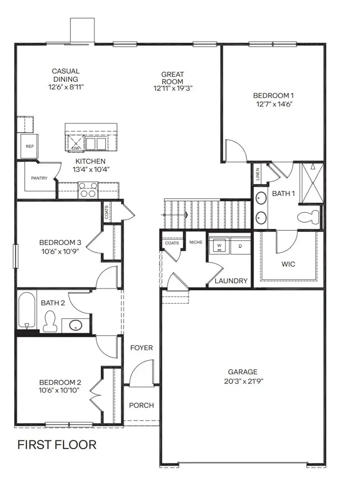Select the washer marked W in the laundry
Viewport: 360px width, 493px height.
[219, 246]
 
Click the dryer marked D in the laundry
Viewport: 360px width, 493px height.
[240, 246]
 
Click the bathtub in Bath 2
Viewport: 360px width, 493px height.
[27, 310]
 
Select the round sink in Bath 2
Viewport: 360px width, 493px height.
[76, 325]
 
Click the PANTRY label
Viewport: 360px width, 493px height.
[39, 178]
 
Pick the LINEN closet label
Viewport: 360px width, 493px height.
[257, 175]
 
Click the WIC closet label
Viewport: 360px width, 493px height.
[288, 264]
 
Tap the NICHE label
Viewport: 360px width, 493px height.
[195, 243]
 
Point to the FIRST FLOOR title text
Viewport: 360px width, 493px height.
[57, 445]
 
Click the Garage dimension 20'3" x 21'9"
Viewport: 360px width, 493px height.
[243, 381]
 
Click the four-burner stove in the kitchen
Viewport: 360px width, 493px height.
[88, 193]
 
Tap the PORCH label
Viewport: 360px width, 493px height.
[141, 405]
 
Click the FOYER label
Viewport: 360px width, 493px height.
[142, 348]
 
